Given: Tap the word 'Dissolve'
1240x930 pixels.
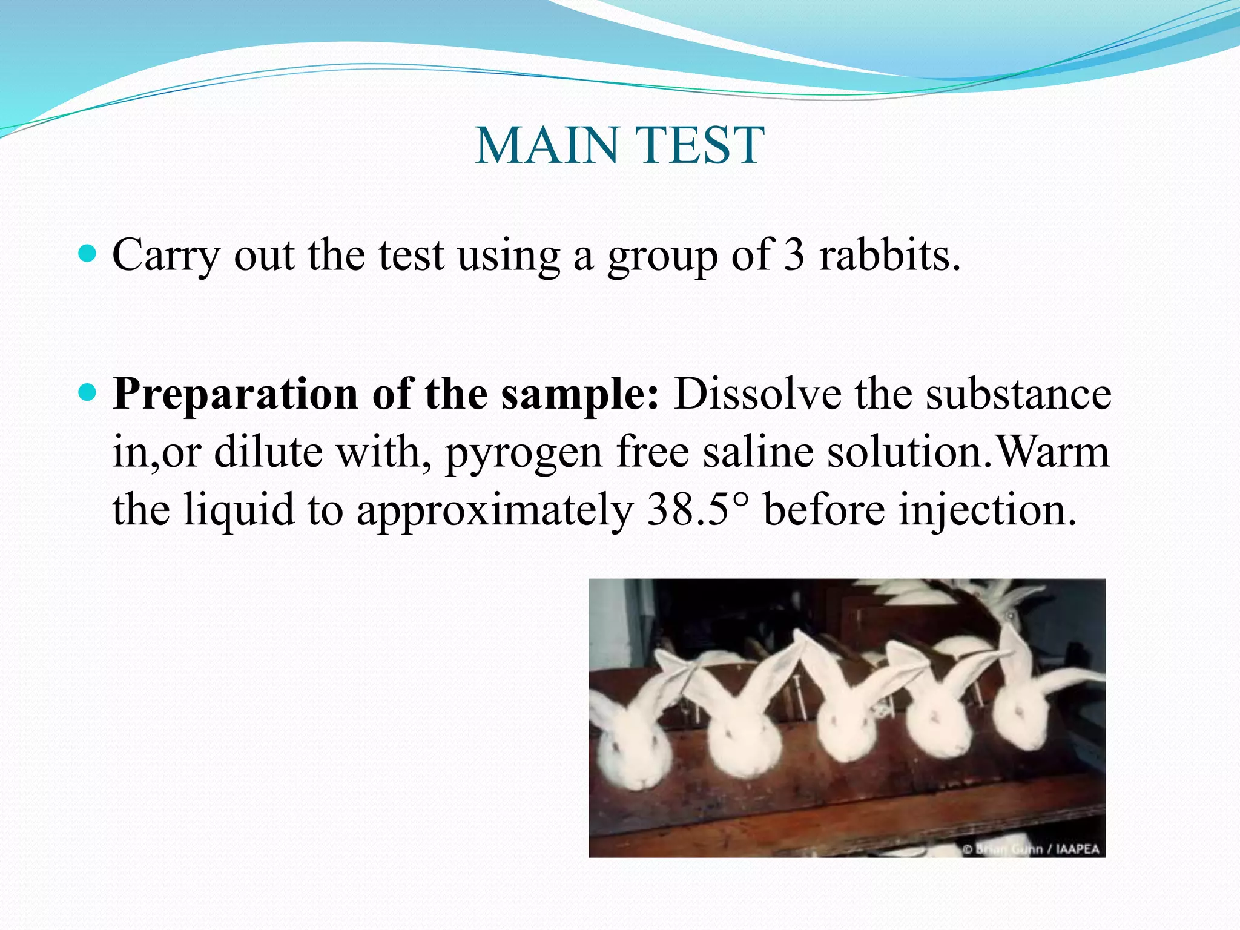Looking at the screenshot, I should [x=757, y=394].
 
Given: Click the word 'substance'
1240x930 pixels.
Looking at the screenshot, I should [x=1018, y=394].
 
